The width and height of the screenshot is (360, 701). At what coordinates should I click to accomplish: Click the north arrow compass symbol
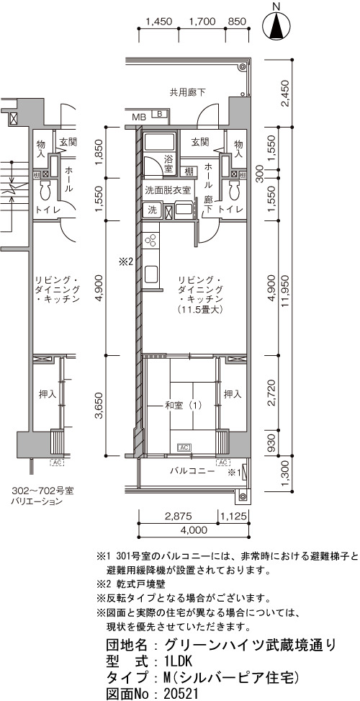[276, 25]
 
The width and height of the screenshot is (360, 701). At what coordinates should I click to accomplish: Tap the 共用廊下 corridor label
[188, 93]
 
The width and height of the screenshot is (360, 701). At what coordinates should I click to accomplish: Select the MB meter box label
[139, 117]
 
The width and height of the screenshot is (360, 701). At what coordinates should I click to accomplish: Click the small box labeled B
[158, 114]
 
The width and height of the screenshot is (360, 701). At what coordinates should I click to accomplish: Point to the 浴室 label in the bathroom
[168, 163]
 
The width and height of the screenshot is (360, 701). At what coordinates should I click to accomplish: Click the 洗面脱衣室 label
[168, 190]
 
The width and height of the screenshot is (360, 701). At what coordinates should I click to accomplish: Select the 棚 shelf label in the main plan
[189, 171]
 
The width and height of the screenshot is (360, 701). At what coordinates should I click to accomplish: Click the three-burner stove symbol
[150, 240]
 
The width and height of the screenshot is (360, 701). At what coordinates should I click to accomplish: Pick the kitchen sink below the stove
[151, 274]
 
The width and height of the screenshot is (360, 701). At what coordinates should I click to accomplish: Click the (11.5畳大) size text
[199, 309]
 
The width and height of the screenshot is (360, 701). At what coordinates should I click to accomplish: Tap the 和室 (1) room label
[183, 406]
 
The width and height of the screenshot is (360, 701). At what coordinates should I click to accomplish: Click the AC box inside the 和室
[184, 447]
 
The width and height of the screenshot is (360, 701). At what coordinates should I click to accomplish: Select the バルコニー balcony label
[192, 470]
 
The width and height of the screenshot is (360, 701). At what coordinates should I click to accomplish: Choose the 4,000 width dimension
[194, 530]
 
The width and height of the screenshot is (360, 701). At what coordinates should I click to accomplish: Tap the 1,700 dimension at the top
[202, 21]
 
